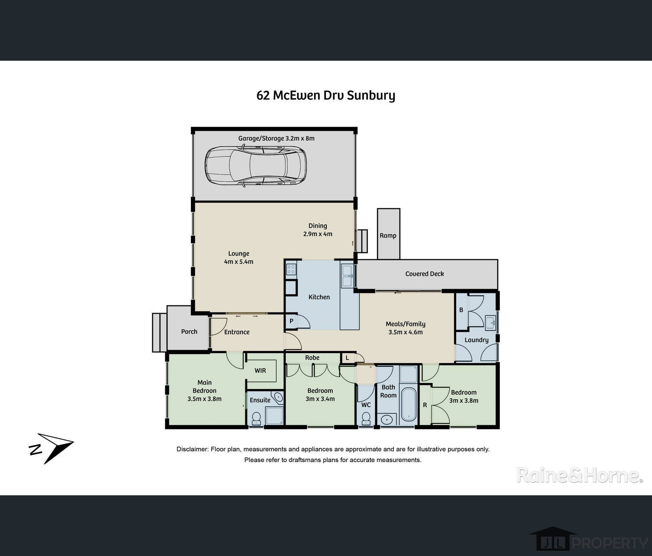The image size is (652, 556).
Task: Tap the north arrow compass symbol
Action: click(x=52, y=448)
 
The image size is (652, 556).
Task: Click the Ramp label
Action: click(x=388, y=236)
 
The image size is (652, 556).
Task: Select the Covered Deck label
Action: click(x=424, y=274)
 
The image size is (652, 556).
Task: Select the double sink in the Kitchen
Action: click(x=346, y=276)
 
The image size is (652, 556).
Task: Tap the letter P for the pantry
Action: click(x=292, y=321)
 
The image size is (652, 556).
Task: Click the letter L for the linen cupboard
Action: click(x=347, y=358)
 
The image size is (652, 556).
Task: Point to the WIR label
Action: click(x=260, y=371)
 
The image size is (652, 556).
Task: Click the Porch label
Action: click(x=189, y=332)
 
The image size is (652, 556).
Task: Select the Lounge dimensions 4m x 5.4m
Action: click(x=239, y=262)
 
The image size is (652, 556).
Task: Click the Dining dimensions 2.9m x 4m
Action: click(x=318, y=234)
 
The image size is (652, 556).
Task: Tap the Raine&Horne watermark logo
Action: click(x=580, y=475)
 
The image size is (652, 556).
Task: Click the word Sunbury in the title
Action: click(x=371, y=96)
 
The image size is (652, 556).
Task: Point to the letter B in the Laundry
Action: click(x=461, y=310)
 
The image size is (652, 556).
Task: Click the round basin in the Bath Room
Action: click(x=386, y=419)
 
